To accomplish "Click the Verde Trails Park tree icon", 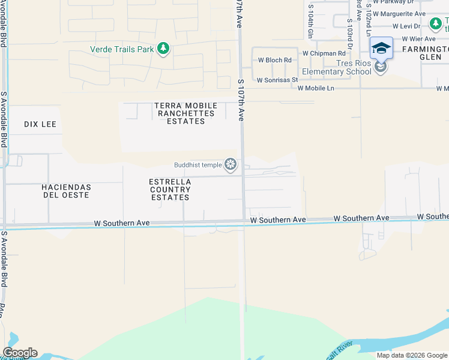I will tap(163, 49).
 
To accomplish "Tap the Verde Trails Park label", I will tap(122, 49).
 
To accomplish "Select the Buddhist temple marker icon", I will tap(230, 164).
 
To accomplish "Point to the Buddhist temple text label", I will tap(198, 165).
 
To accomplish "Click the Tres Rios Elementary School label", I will tap(336, 67).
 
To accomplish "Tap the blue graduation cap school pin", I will tap(381, 48).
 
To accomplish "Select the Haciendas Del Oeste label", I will tap(65, 191).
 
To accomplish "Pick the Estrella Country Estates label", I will tap(170, 189).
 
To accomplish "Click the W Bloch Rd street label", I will tap(274, 60).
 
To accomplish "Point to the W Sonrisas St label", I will tap(277, 80).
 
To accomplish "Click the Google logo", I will tap(20, 353).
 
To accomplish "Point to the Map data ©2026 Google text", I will tap(411, 355).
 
